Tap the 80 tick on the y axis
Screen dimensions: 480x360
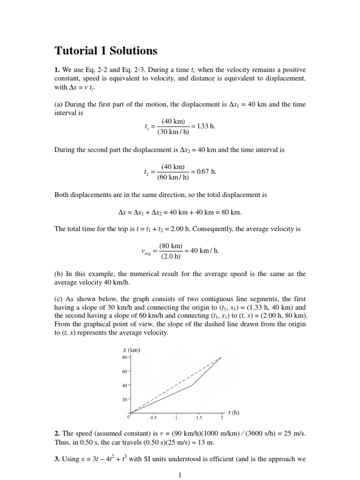125,357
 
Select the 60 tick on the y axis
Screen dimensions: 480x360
125,371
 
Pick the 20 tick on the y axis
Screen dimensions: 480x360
125,400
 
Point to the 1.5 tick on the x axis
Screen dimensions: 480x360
199,417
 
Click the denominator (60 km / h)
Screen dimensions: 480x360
173,177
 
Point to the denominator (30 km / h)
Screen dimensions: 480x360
173,132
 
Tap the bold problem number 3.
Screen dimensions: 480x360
57,459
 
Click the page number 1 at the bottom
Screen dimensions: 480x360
180,475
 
